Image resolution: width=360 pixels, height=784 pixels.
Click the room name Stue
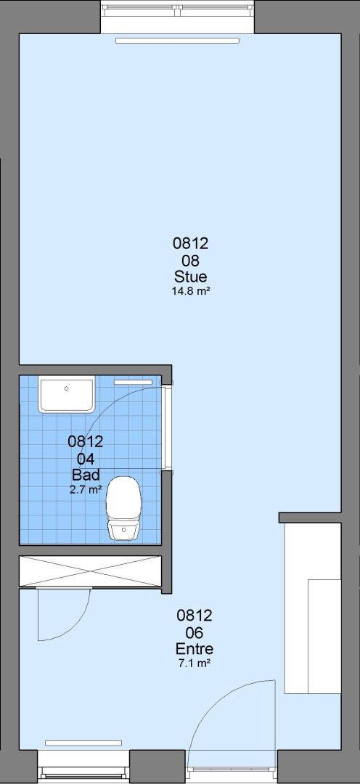click(190, 277)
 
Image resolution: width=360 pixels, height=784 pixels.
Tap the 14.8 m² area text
click(190, 291)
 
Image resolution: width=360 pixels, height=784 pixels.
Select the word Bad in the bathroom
click(86, 475)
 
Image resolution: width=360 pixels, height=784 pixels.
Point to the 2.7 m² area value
click(86, 489)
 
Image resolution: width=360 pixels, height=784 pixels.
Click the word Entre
click(195, 649)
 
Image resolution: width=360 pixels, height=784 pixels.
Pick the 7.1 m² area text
click(195, 663)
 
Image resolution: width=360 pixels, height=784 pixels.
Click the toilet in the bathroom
click(123, 508)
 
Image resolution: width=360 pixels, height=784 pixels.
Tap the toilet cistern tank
click(123, 530)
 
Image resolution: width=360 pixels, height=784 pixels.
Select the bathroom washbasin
click(67, 395)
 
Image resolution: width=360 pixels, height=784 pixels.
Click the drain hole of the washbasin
click(66, 388)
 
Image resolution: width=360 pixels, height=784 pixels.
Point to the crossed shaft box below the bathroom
click(91, 571)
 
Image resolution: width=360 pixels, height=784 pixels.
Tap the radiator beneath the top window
click(177, 41)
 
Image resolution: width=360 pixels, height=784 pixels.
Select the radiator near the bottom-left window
click(83, 743)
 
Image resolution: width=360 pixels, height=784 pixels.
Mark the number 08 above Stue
click(190, 261)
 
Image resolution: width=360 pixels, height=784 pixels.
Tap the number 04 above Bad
click(86, 459)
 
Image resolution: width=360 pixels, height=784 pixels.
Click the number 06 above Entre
click(195, 633)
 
